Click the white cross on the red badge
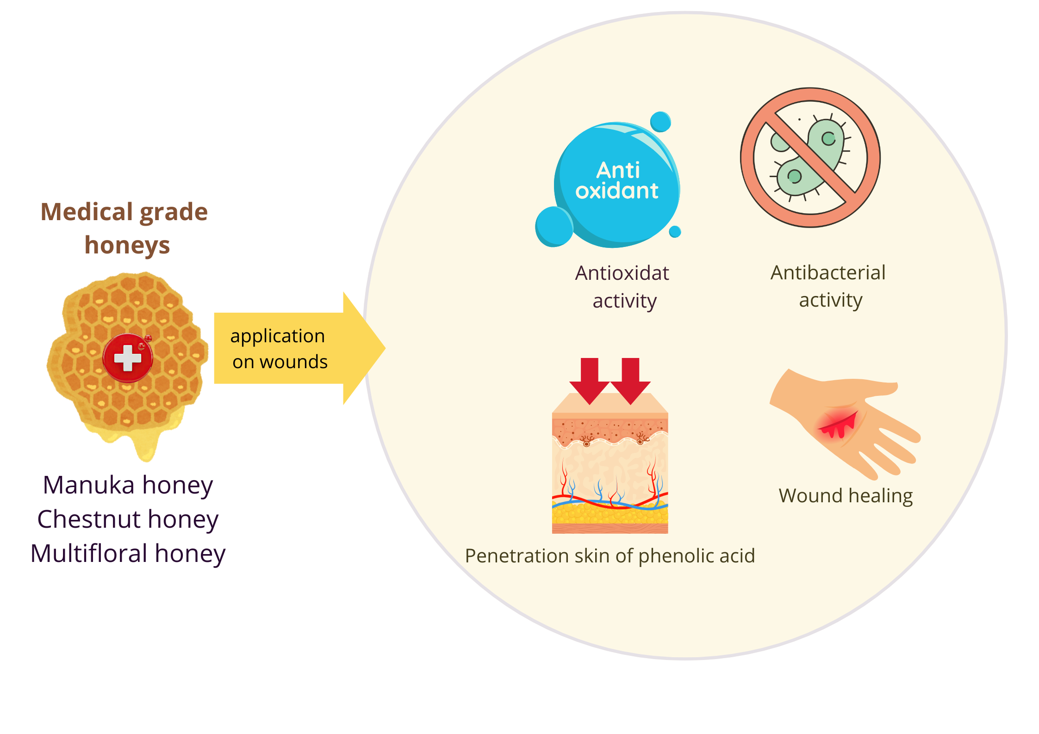pyautogui.click(x=127, y=358)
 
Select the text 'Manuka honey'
pyautogui.click(x=128, y=486)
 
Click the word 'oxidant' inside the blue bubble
pyautogui.click(x=616, y=191)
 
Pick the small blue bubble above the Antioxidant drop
pyautogui.click(x=660, y=122)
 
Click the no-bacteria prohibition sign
pyautogui.click(x=810, y=157)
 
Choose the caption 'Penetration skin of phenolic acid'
pyautogui.click(x=610, y=556)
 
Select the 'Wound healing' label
pyautogui.click(x=846, y=496)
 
